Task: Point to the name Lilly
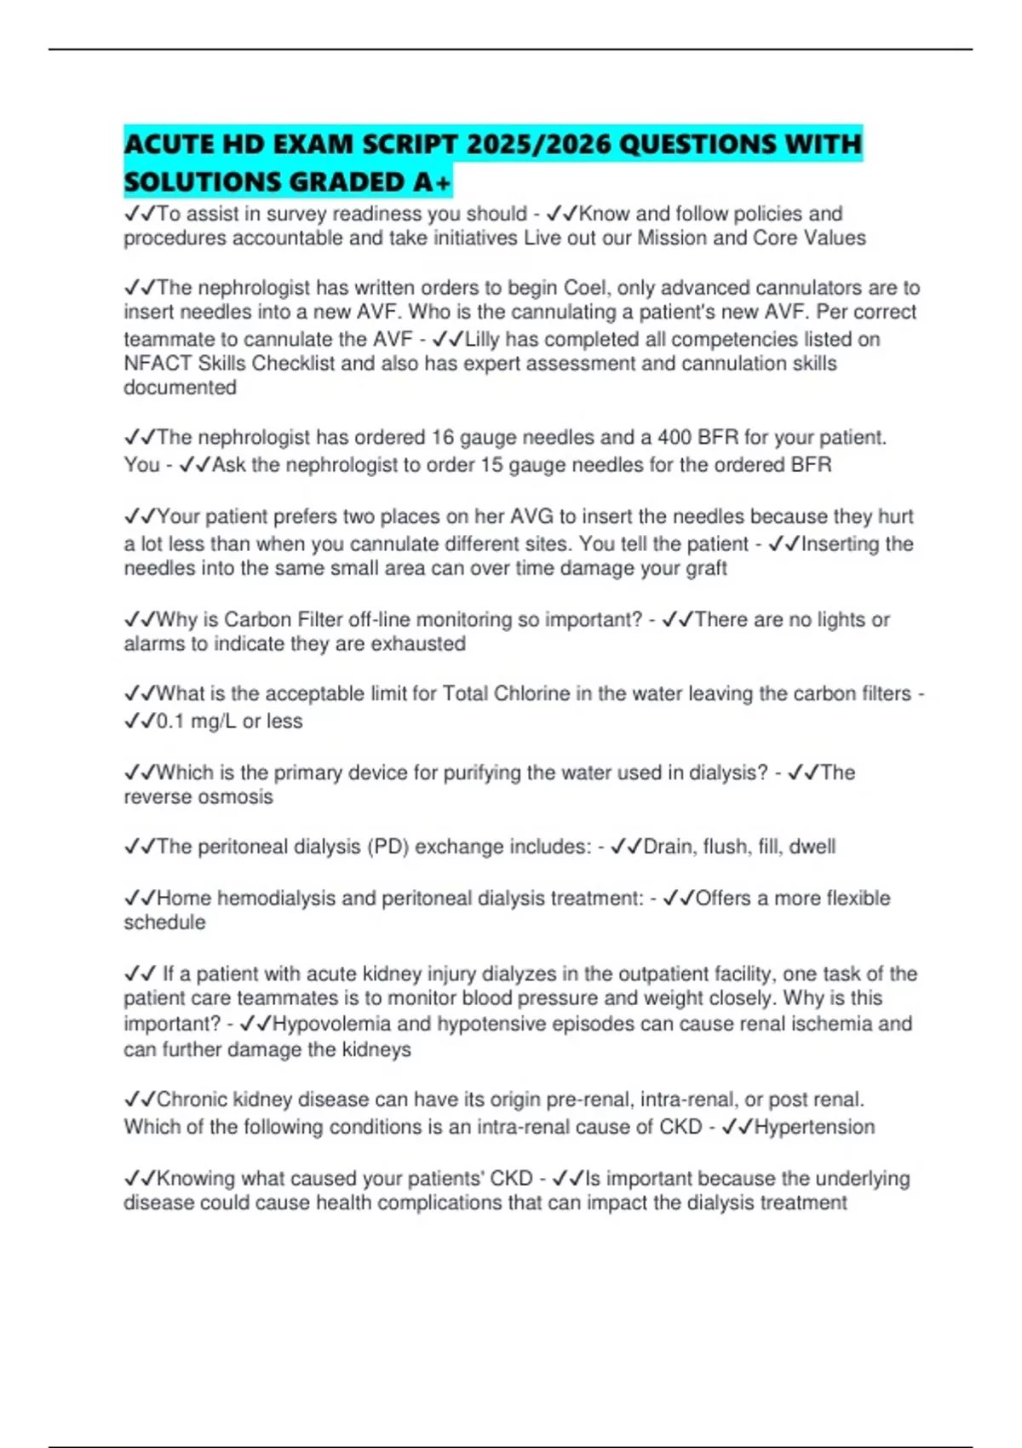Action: [482, 339]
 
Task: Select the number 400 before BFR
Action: [675, 438]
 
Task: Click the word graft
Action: [706, 568]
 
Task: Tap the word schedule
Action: [164, 922]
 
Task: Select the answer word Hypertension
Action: [814, 1127]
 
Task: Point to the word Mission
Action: [674, 238]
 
